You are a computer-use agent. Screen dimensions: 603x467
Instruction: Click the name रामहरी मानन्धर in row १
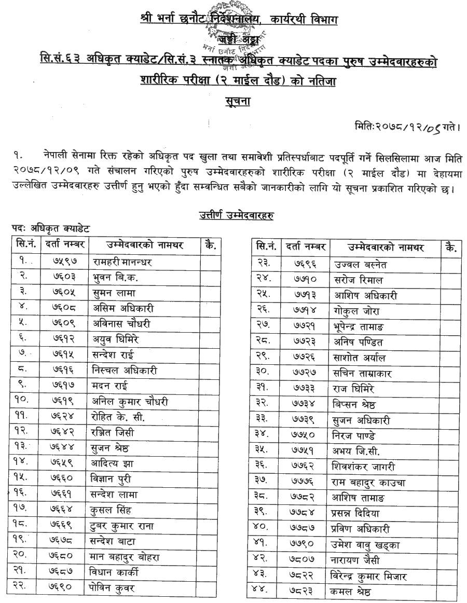pyautogui.click(x=122, y=262)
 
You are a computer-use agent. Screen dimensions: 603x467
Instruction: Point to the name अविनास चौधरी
pyautogui.click(x=122, y=324)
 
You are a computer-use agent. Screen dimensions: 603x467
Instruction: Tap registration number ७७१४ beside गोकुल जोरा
pyautogui.click(x=306, y=311)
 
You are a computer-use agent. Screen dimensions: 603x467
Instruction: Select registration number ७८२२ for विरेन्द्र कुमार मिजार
pyautogui.click(x=306, y=576)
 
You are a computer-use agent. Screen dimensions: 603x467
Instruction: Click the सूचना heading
pyautogui.click(x=236, y=100)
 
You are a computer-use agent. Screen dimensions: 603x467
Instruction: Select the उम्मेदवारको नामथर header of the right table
pyautogui.click(x=386, y=247)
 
